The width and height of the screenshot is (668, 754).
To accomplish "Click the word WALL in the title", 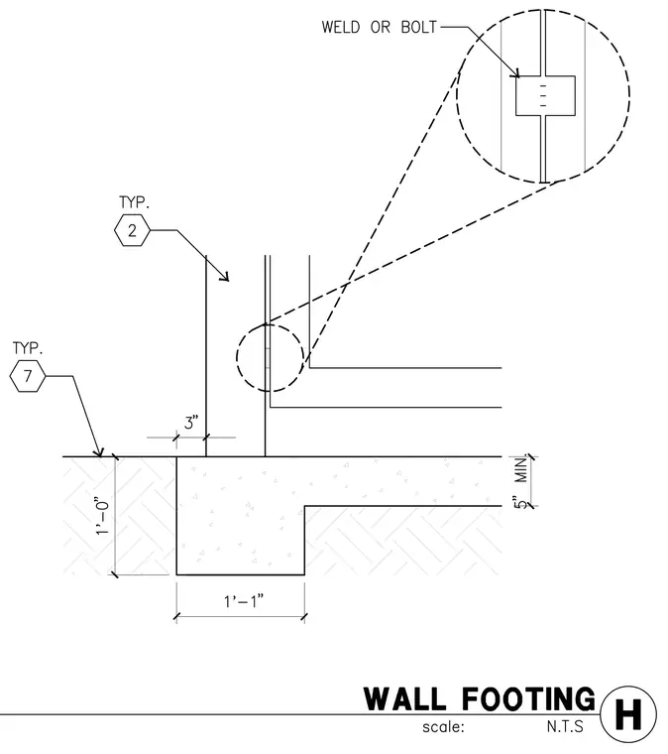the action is tap(404, 699).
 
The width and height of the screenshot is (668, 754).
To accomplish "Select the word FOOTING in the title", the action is tap(528, 699).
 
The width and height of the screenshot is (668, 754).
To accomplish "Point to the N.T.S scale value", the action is tap(565, 726).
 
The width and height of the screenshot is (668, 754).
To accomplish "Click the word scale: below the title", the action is tap(443, 726).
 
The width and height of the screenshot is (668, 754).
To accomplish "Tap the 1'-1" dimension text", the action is tap(244, 601).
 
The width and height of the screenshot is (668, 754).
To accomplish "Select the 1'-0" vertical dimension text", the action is tap(103, 515).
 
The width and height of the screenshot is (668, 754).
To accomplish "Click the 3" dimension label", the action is tap(190, 423).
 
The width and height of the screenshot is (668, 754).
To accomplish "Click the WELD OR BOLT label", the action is tap(380, 27).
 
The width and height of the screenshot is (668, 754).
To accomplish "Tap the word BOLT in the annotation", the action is tap(419, 27).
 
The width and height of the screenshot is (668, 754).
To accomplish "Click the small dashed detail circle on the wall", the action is tap(237, 357).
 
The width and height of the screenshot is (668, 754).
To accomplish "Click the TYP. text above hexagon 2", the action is tap(134, 202).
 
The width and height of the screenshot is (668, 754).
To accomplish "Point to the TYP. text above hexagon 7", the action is tap(28, 348).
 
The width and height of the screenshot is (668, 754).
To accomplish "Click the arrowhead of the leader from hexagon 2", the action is tap(226, 278).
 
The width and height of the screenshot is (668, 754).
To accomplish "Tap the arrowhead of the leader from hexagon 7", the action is tap(100, 453).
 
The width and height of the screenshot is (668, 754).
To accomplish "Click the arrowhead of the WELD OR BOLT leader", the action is tap(516, 74).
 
